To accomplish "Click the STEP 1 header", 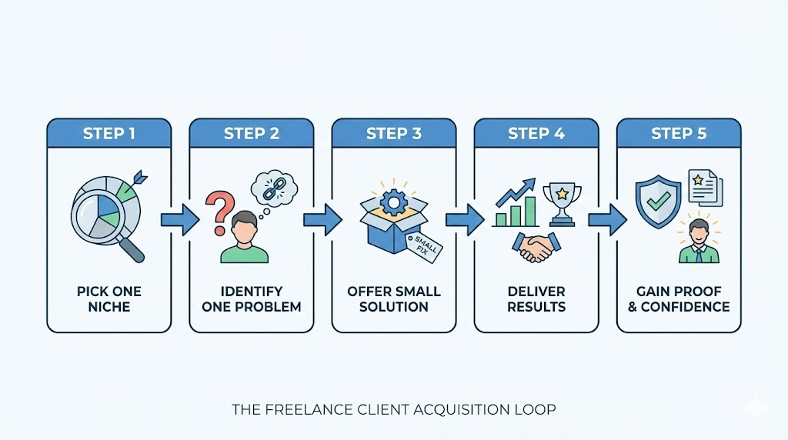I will [x=109, y=134].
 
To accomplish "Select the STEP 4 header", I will [x=536, y=134].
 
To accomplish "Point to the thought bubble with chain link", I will [x=272, y=189].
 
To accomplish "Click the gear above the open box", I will [x=395, y=202].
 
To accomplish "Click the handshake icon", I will [x=536, y=247].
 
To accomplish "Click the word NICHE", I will [x=109, y=307].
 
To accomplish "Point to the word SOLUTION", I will [x=394, y=307].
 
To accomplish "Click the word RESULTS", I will [x=536, y=307].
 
